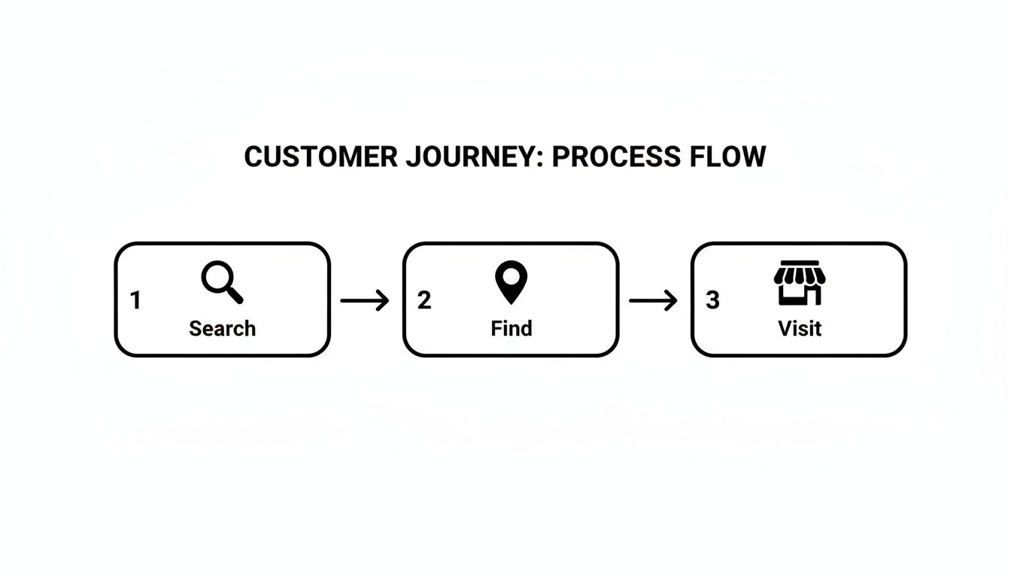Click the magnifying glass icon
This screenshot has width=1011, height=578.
pyautogui.click(x=221, y=283)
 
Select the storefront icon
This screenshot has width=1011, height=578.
pyautogui.click(x=799, y=283)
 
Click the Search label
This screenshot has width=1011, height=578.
pyautogui.click(x=222, y=328)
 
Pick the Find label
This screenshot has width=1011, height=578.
pyautogui.click(x=511, y=328)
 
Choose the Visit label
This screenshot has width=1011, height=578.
pyautogui.click(x=799, y=328)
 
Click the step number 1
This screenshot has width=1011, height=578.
pyautogui.click(x=135, y=300)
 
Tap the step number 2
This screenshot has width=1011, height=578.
pyautogui.click(x=424, y=300)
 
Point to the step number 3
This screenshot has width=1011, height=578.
pyautogui.click(x=712, y=300)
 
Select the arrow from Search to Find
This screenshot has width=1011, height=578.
pyautogui.click(x=365, y=301)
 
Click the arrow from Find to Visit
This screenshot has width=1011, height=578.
pyautogui.click(x=653, y=301)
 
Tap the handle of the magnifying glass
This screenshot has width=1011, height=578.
pyautogui.click(x=234, y=295)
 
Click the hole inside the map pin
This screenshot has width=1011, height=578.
pyautogui.click(x=511, y=276)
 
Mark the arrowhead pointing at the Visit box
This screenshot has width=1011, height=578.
pyautogui.click(x=672, y=301)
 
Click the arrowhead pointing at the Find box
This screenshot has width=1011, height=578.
pyautogui.click(x=384, y=301)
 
